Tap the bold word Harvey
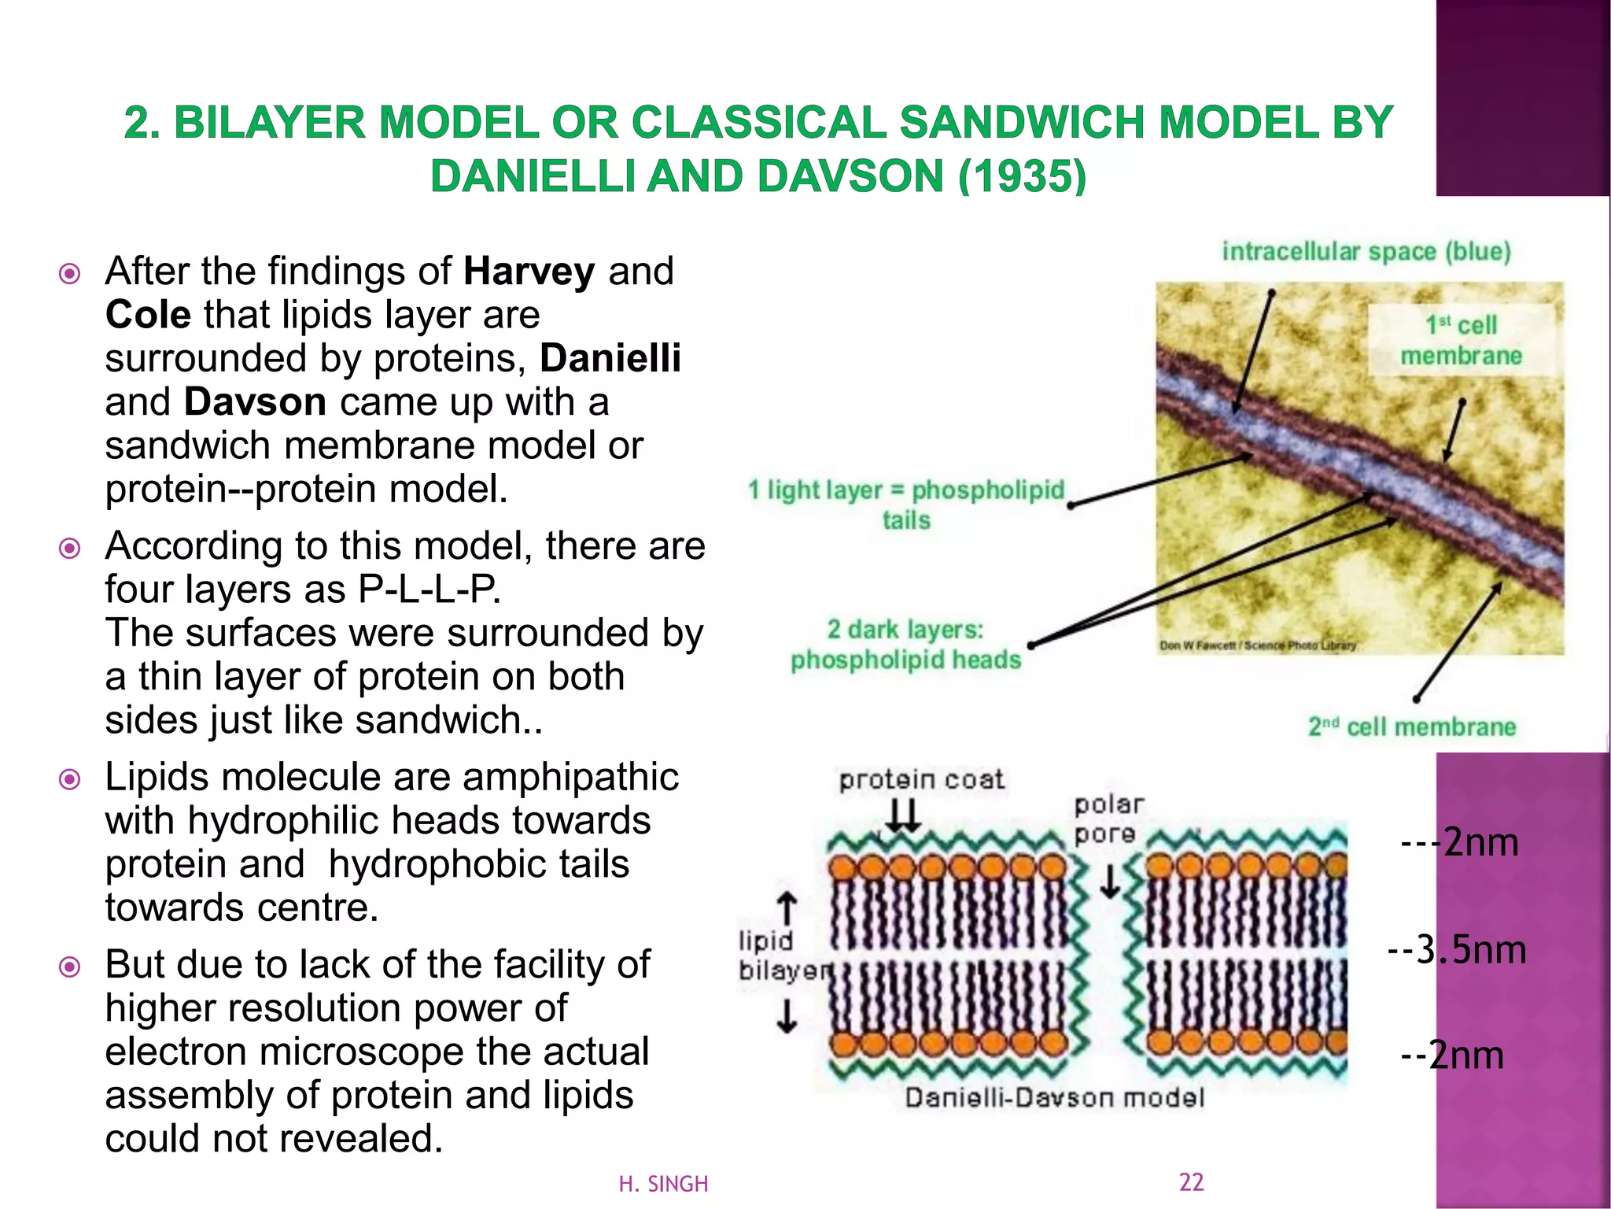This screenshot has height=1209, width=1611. click(529, 272)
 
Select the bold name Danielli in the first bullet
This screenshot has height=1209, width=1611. click(610, 358)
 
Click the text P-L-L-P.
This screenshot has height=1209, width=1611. click(429, 589)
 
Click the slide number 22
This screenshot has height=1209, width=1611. click(1191, 1181)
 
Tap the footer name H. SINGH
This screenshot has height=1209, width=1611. click(663, 1184)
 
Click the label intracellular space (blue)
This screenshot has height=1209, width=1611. click(1366, 252)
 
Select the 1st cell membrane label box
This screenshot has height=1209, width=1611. click(1461, 340)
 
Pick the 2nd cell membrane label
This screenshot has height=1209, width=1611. click(1412, 727)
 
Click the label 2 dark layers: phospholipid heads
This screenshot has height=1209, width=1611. click(905, 645)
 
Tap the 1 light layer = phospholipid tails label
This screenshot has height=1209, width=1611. click(906, 505)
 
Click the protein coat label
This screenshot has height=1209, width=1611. click(921, 780)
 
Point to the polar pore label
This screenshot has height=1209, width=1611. click(1108, 819)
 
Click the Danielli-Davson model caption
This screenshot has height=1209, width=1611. click(1054, 1097)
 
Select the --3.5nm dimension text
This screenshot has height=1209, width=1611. click(1456, 950)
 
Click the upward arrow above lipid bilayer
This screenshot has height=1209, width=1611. click(787, 908)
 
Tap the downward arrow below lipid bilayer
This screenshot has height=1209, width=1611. click(787, 1015)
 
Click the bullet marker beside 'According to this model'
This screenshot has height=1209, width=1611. click(70, 548)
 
